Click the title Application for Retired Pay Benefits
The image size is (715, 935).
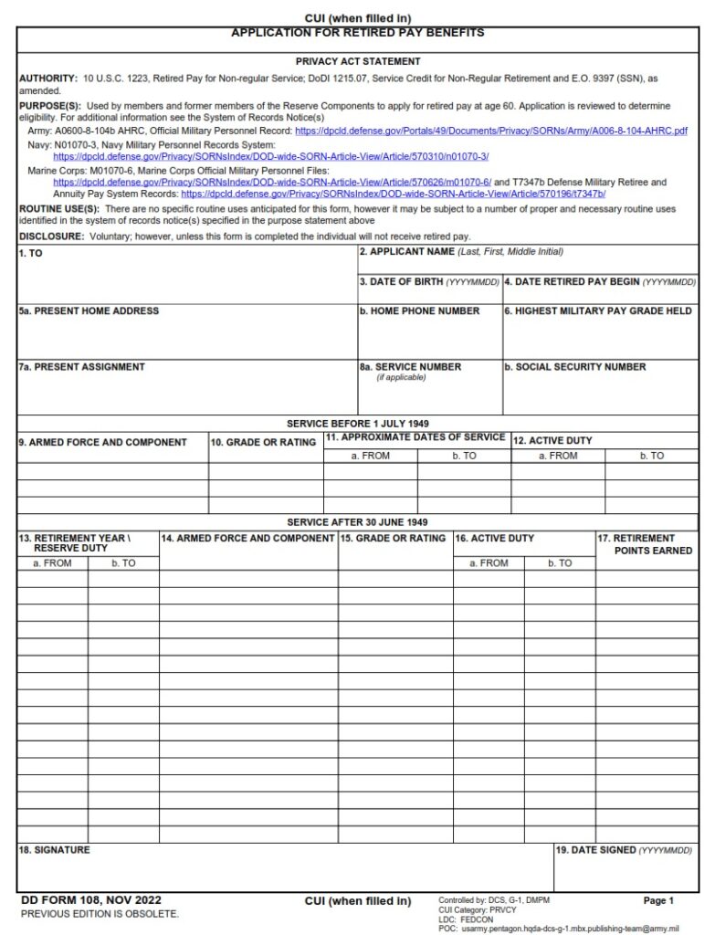click(357, 33)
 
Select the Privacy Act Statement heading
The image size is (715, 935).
click(357, 61)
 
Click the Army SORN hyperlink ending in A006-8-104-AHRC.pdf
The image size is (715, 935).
click(490, 131)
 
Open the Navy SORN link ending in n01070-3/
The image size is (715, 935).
click(270, 157)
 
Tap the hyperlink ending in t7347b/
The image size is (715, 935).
click(393, 194)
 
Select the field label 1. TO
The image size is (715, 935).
click(30, 254)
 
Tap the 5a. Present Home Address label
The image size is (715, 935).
click(89, 311)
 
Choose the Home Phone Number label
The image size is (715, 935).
click(419, 311)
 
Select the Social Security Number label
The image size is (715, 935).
click(574, 367)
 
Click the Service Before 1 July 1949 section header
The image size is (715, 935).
click(357, 424)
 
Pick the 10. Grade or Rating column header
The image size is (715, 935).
click(263, 443)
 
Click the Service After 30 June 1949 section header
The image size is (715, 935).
click(357, 522)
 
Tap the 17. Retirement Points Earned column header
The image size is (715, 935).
click(646, 545)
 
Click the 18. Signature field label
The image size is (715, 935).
click(54, 850)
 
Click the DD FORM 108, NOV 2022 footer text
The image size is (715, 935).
click(90, 900)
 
